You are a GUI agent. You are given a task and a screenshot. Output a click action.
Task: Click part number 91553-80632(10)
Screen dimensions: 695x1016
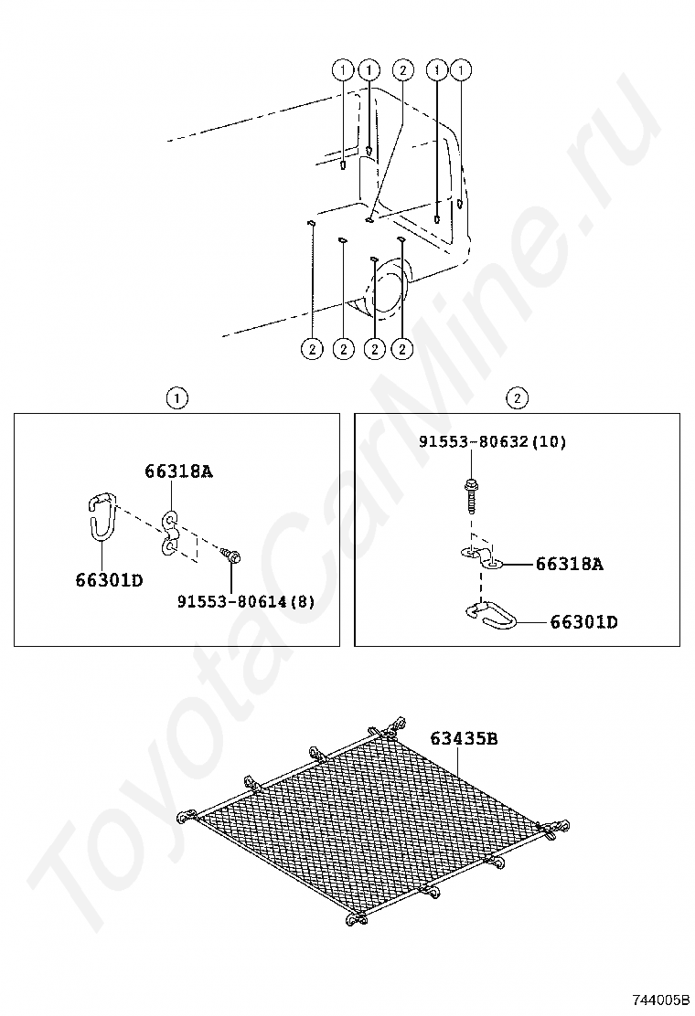492,442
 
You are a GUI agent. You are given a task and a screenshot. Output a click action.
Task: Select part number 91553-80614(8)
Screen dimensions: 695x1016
246,602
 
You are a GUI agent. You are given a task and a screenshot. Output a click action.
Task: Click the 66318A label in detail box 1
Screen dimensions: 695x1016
178,471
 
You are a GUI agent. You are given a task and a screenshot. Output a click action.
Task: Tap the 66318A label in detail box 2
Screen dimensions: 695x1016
569,565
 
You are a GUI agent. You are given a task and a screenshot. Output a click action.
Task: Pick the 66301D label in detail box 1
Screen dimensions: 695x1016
110,580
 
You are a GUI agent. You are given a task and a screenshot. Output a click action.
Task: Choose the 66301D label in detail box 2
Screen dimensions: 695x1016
583,622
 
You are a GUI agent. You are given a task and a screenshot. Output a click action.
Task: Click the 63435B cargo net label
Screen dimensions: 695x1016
465,738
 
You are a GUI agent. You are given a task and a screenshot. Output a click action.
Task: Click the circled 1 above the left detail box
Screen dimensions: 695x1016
177,397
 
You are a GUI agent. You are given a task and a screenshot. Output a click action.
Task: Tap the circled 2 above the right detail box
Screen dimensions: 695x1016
518,397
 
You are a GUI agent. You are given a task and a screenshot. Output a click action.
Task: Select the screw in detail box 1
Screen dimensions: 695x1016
230,555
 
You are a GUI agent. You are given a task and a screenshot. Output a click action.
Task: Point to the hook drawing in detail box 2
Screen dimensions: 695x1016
491,617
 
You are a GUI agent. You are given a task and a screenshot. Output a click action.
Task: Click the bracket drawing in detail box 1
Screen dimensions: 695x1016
169,533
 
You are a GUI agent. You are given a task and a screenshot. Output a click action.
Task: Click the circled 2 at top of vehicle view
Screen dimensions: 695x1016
402,69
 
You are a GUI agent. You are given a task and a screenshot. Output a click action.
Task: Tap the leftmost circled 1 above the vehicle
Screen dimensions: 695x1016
343,69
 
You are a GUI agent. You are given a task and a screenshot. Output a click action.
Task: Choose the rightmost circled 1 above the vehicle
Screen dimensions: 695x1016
462,69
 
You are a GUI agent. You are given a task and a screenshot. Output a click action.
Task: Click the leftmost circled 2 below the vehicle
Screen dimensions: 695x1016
312,349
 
